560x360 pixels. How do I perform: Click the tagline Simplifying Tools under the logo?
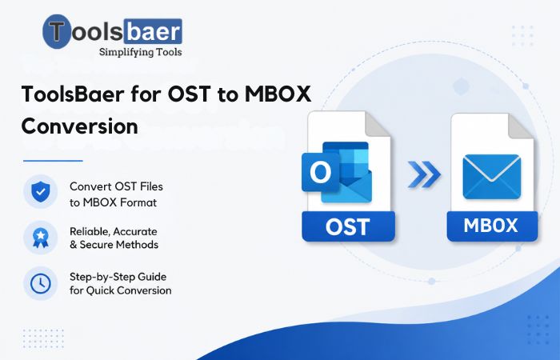pyautogui.click(x=140, y=52)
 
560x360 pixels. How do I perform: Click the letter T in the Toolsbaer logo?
pyautogui.click(x=57, y=30)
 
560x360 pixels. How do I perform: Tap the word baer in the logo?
pyautogui.click(x=154, y=31)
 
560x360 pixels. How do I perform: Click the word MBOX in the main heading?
pyautogui.click(x=278, y=94)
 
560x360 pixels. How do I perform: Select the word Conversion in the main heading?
pyautogui.click(x=80, y=126)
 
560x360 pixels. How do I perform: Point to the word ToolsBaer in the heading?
pyautogui.click(x=73, y=94)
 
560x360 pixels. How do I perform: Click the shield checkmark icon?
pyautogui.click(x=40, y=192)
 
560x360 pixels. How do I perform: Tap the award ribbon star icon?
pyautogui.click(x=40, y=238)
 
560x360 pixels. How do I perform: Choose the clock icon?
pyautogui.click(x=40, y=283)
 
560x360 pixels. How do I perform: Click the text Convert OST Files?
pyautogui.click(x=116, y=186)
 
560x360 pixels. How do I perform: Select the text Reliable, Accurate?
pyautogui.click(x=114, y=231)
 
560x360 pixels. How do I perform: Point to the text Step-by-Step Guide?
pyautogui.click(x=118, y=277)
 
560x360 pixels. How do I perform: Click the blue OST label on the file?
pyautogui.click(x=348, y=226)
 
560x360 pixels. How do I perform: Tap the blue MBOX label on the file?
pyautogui.click(x=492, y=226)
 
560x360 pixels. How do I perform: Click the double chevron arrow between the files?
pyautogui.click(x=424, y=174)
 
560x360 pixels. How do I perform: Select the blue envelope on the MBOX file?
pyautogui.click(x=491, y=177)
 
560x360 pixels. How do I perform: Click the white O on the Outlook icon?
pyautogui.click(x=320, y=173)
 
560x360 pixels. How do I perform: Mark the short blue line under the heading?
pyautogui.click(x=53, y=161)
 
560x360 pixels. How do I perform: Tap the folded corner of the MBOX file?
pyautogui.click(x=522, y=126)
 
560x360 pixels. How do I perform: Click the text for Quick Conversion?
pyautogui.click(x=120, y=290)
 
